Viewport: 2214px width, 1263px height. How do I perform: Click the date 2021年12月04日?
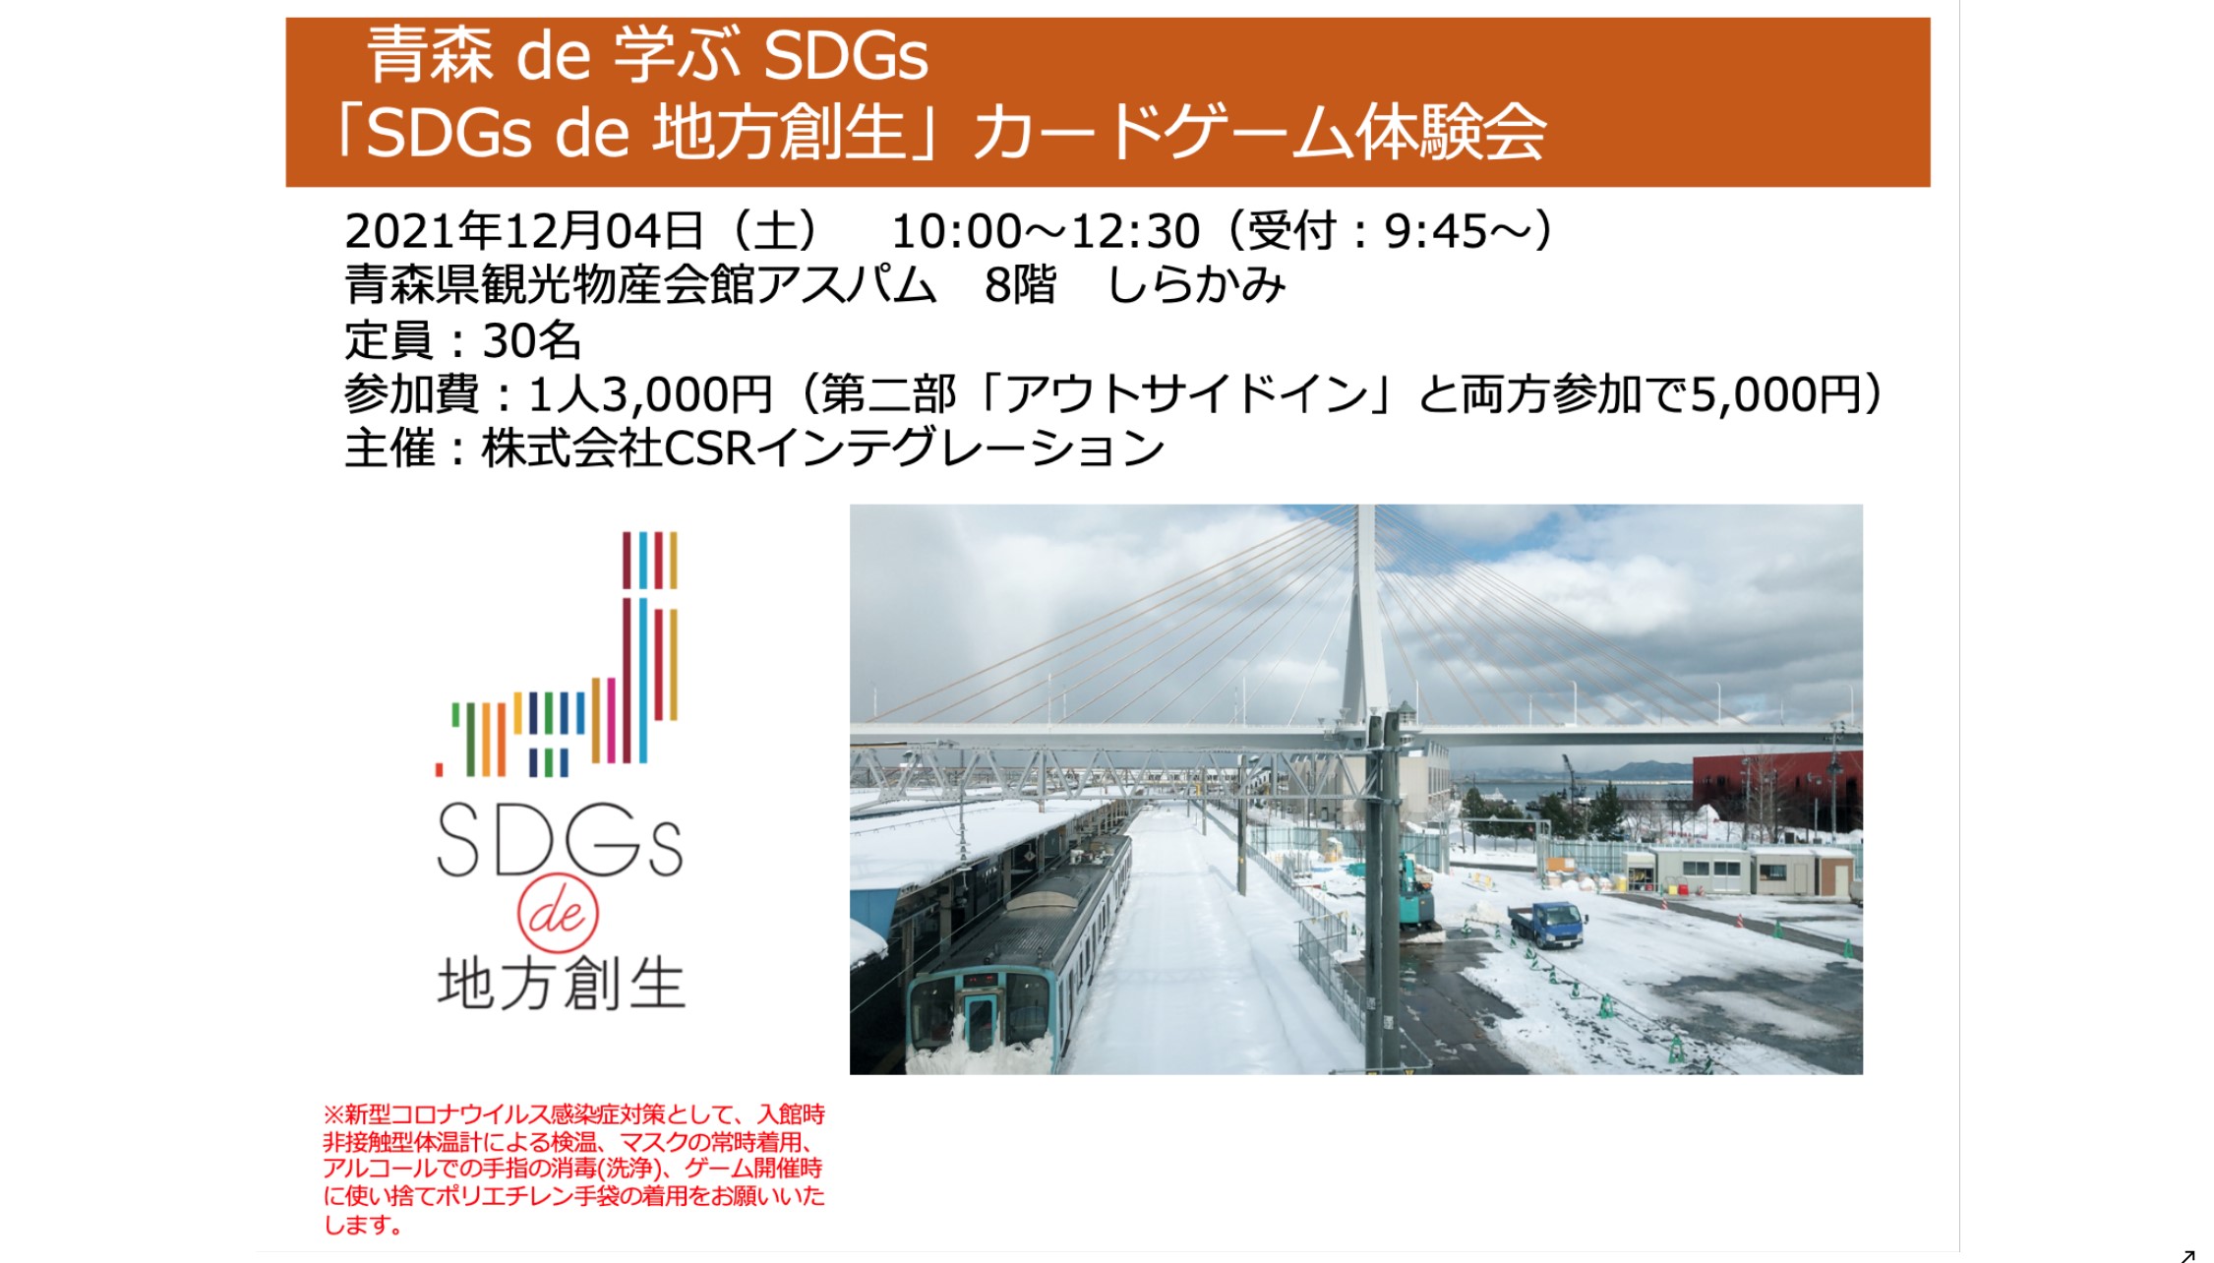[523, 231]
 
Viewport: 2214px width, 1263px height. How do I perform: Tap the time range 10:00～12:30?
[1046, 231]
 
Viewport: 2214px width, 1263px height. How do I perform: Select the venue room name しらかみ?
[1197, 285]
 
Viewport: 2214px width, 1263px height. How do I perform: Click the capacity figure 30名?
[532, 340]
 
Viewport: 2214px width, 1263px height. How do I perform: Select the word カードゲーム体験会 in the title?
[1259, 133]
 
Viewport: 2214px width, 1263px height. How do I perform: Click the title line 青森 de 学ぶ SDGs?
[648, 55]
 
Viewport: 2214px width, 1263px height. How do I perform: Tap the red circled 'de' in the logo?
[558, 914]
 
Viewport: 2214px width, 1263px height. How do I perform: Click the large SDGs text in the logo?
[560, 840]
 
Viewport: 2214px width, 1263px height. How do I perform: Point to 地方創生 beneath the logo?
[561, 984]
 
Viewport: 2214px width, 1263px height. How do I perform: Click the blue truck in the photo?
[1548, 925]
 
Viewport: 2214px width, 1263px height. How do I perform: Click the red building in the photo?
[1776, 792]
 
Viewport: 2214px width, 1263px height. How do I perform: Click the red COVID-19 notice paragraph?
[574, 1170]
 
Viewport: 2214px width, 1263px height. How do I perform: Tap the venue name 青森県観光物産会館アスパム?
[640, 285]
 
